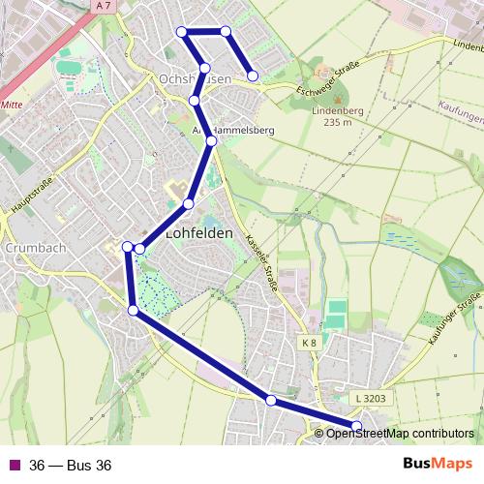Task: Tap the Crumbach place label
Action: click(x=35, y=248)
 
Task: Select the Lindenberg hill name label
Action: click(x=338, y=111)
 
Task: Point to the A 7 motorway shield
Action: click(x=105, y=6)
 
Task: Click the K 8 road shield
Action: click(x=309, y=343)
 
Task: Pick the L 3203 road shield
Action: click(x=370, y=398)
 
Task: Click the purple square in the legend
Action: click(x=14, y=465)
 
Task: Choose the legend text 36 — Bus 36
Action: click(x=71, y=466)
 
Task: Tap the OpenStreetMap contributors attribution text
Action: click(x=400, y=434)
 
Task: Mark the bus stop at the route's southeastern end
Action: click(x=356, y=426)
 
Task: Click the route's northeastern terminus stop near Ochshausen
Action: click(x=253, y=76)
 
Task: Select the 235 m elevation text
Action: click(x=337, y=123)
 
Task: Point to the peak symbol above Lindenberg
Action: click(x=337, y=99)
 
